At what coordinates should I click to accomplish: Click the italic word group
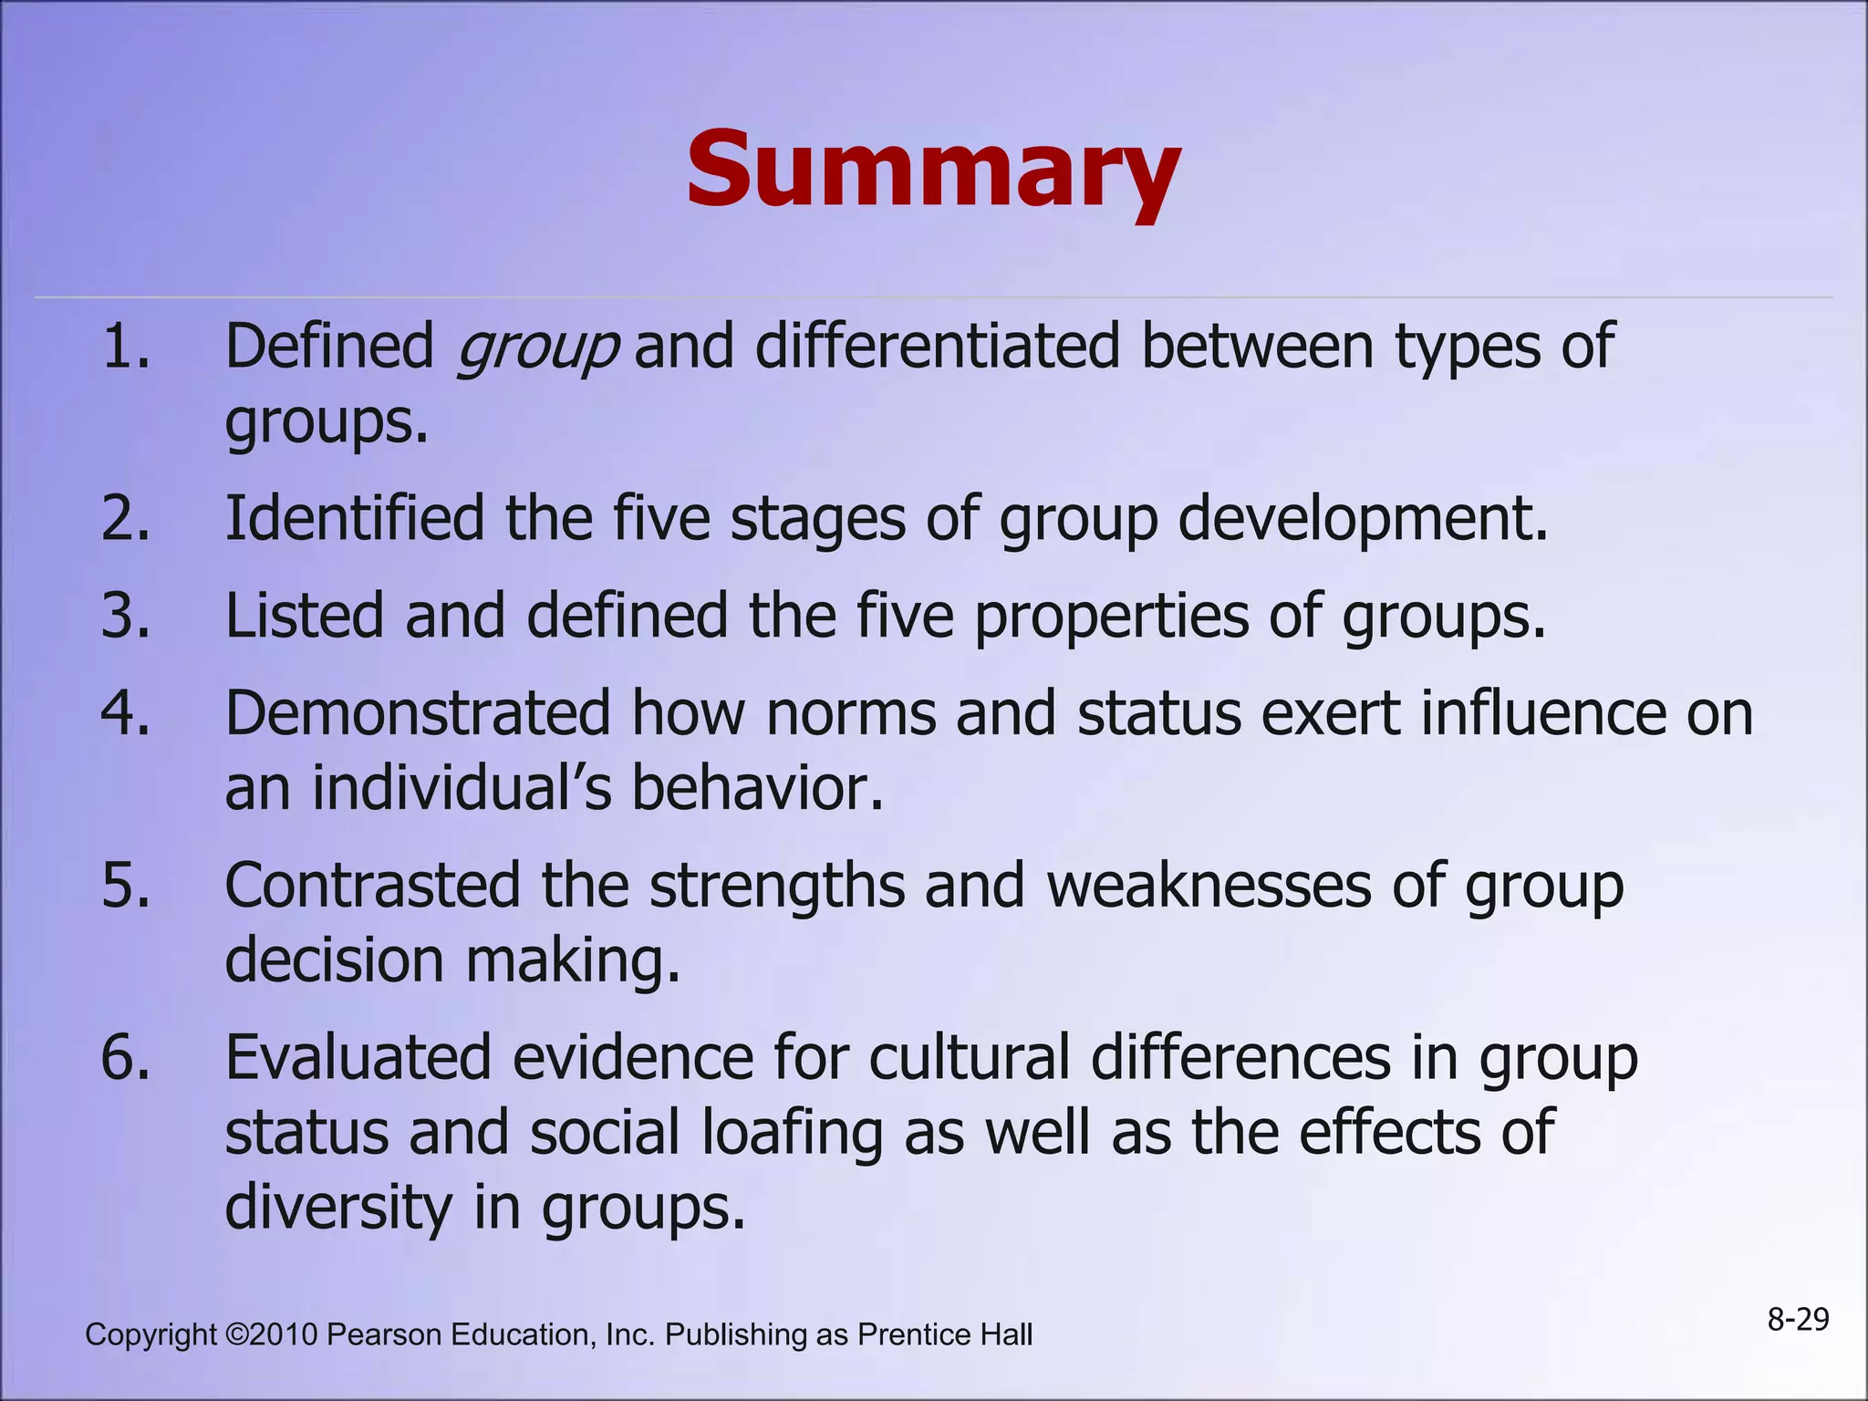pos(537,349)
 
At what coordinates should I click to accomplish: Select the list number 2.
pos(126,518)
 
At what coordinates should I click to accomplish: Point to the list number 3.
pos(126,616)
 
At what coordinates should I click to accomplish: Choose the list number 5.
pos(126,885)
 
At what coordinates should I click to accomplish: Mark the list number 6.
pos(126,1057)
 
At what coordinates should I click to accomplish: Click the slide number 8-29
pos(1798,1320)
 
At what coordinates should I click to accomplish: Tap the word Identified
pos(355,518)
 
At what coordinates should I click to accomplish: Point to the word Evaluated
pos(358,1057)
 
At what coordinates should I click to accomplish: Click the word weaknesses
pos(1209,885)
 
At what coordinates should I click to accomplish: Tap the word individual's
pos(462,788)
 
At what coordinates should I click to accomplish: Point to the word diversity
pos(338,1208)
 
